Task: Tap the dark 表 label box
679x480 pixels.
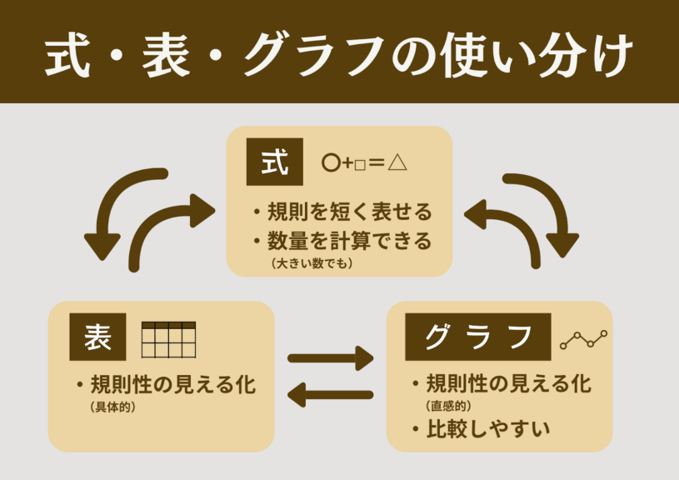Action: [x=97, y=338]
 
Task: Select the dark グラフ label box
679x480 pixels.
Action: [x=477, y=337]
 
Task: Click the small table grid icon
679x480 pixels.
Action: [x=168, y=339]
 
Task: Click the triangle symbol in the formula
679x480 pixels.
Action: [x=397, y=162]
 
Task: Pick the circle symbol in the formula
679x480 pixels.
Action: [x=330, y=163]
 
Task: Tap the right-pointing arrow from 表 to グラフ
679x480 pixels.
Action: [x=331, y=359]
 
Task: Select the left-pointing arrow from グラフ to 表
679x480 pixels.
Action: [x=331, y=392]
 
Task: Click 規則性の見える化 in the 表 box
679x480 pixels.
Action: [x=172, y=385]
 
